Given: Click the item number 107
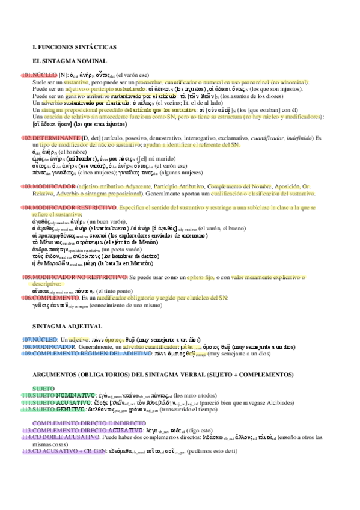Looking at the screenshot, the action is (27, 340).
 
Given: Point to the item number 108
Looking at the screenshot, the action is (27, 347).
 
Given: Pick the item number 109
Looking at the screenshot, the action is (27, 354).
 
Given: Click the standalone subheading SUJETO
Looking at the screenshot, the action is (44, 388).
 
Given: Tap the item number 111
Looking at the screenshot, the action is (27, 402).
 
